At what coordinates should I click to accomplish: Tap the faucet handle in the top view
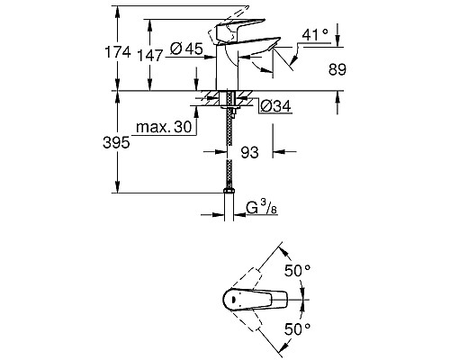(261, 300)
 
